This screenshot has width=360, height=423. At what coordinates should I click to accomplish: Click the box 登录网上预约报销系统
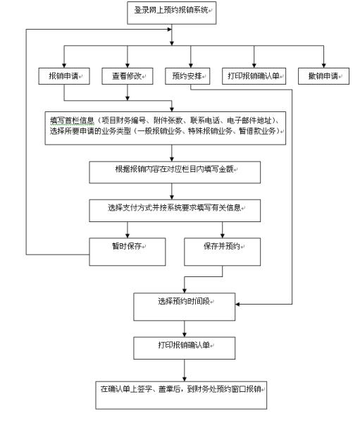pos(172,13)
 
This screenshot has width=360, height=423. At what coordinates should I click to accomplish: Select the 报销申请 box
pos(64,76)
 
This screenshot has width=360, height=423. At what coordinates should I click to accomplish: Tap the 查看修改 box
pos(128,76)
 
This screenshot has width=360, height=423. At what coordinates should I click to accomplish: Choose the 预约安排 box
pos(187,76)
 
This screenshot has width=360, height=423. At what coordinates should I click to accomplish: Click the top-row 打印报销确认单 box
pos(254,76)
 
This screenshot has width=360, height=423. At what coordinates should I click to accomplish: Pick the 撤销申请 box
pos(323,76)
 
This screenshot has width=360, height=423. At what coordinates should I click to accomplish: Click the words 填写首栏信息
pos(72,121)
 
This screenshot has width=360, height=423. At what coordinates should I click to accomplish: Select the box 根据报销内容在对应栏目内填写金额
pos(175,173)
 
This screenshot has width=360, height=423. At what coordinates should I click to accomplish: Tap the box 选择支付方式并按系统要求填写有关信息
pos(175,211)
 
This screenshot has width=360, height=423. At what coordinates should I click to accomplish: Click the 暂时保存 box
pos(128,252)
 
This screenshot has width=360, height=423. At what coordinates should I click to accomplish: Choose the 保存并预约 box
pos(222,252)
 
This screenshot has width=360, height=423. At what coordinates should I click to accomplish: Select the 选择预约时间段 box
pos(185,307)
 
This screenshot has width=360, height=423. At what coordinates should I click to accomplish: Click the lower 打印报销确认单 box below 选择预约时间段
pos(185,348)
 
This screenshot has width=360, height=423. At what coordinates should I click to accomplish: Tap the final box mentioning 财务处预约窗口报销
pos(181,396)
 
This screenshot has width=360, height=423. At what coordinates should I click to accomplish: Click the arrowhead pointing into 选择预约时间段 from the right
pos(237,305)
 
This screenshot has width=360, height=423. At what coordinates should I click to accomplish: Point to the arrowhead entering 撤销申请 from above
pos(323,66)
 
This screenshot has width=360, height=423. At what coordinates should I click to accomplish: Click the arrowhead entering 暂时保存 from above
pos(128,235)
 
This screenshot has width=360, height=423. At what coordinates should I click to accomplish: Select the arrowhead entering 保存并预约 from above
pos(222,235)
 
